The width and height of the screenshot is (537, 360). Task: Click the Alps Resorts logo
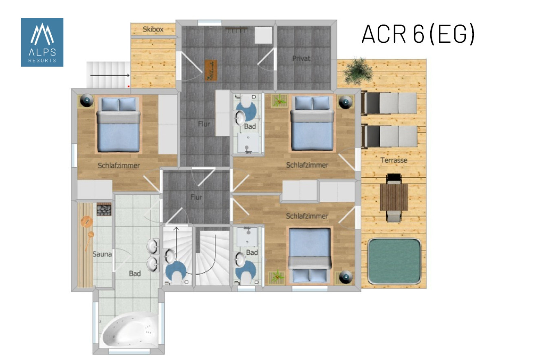pos(42,42)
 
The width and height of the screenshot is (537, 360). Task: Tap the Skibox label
pos(153,29)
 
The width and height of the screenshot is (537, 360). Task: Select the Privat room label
pos(302,58)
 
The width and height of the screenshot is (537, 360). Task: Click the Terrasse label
pos(394,160)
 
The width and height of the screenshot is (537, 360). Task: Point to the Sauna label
pos(102,254)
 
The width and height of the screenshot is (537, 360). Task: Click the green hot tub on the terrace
pos(394,261)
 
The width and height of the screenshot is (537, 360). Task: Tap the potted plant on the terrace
pos(358,71)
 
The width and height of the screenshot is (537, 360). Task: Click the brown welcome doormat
pos(211,70)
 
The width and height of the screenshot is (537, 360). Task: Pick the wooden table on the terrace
pos(394,197)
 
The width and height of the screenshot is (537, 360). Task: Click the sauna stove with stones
pos(104,210)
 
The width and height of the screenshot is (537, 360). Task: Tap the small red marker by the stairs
pos(129,86)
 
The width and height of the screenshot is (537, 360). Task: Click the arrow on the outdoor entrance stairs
pos(110,75)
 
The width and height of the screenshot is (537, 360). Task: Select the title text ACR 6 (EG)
pos(418,34)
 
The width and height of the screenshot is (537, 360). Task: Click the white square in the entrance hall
pos(263,35)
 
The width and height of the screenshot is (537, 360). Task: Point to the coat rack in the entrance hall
pos(236,30)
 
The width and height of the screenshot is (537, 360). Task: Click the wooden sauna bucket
pos(87,221)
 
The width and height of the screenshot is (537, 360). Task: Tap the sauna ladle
pos(89,241)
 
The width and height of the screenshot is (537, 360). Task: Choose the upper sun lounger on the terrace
pos(389,103)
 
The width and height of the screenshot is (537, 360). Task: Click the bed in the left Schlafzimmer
pos(119,124)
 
